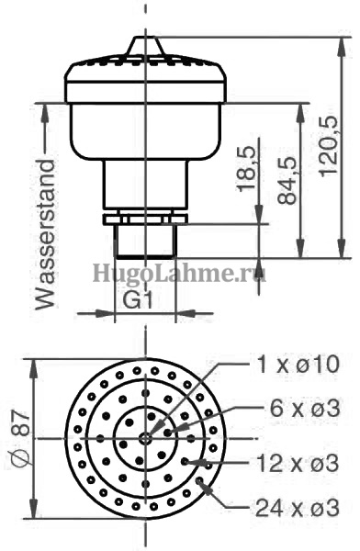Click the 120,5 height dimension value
[329, 144]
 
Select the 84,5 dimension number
[287, 180]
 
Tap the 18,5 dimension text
[247, 168]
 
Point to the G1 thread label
[138, 300]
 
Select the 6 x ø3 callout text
[305, 409]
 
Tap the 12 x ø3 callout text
[298, 463]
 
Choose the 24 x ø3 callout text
[298, 508]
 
